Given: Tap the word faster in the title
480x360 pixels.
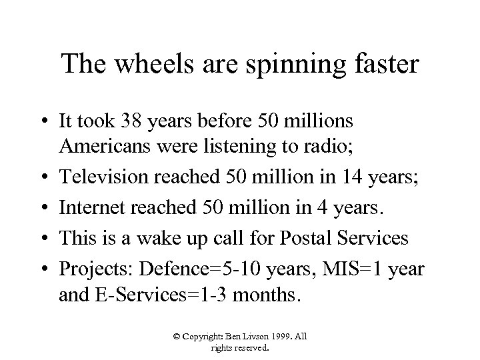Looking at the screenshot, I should coord(382,65).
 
